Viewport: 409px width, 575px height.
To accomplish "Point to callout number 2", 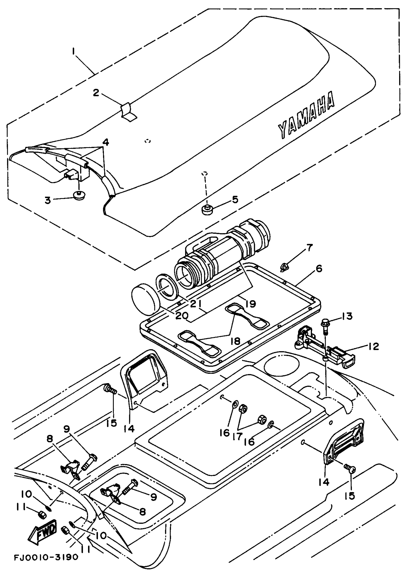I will [x=96, y=93].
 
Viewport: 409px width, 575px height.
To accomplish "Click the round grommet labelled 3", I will [x=79, y=195].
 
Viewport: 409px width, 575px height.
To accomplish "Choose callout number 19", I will [x=251, y=304].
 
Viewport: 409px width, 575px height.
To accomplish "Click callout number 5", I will [x=235, y=200].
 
